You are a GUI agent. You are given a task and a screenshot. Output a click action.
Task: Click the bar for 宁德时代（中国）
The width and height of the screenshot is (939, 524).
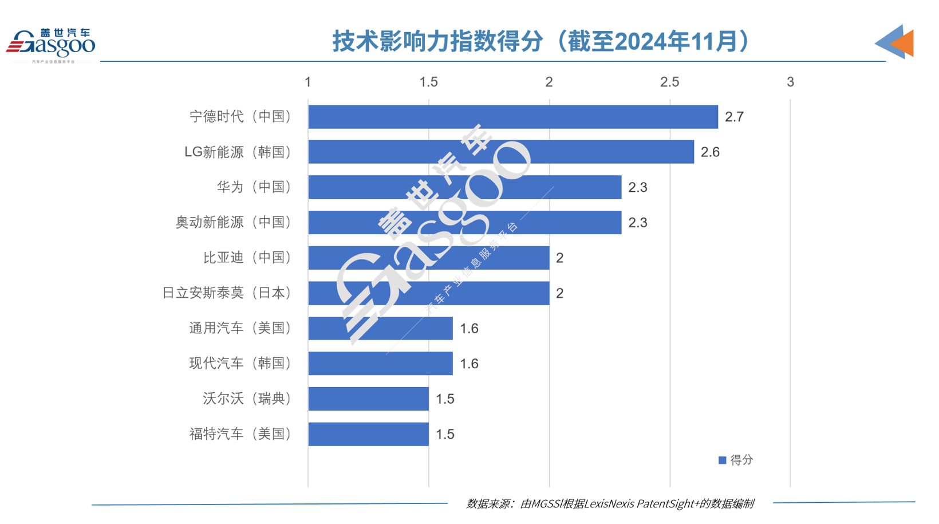[512, 117]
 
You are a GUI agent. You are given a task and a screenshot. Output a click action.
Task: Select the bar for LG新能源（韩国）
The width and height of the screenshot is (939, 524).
[501, 152]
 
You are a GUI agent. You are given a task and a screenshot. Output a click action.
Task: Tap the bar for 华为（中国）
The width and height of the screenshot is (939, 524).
[464, 187]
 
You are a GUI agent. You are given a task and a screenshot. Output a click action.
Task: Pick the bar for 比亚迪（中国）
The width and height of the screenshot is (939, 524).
[428, 258]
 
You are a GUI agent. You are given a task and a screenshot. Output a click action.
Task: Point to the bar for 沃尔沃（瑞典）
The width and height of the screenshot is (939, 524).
[368, 399]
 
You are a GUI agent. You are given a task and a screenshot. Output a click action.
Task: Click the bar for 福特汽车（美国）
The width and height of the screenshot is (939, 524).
[368, 434]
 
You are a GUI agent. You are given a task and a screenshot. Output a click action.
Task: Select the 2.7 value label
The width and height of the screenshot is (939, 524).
[734, 117]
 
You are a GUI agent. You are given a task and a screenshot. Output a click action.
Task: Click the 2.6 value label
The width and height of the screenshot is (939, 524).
[710, 152]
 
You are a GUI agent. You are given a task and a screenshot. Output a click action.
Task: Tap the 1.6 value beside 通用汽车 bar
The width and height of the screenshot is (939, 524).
[469, 329]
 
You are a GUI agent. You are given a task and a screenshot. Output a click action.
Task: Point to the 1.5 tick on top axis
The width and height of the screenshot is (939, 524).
[428, 82]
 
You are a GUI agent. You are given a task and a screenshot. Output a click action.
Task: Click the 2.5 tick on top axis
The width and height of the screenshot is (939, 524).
[669, 82]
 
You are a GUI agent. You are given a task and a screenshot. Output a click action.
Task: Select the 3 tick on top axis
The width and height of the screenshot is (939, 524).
[790, 82]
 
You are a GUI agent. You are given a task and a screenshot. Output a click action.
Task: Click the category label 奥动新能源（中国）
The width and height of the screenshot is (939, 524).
[234, 222]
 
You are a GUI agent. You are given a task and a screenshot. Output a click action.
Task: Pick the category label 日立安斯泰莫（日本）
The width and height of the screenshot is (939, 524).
[227, 293]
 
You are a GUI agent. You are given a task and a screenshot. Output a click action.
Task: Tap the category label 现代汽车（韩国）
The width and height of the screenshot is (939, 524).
[240, 364]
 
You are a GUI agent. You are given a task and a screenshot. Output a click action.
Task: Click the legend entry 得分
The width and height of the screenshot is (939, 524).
[736, 460]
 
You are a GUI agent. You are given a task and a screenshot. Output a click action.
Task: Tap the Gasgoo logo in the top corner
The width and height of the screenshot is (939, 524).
[51, 45]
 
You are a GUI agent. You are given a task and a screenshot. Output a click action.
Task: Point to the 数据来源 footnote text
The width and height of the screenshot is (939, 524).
[610, 503]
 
